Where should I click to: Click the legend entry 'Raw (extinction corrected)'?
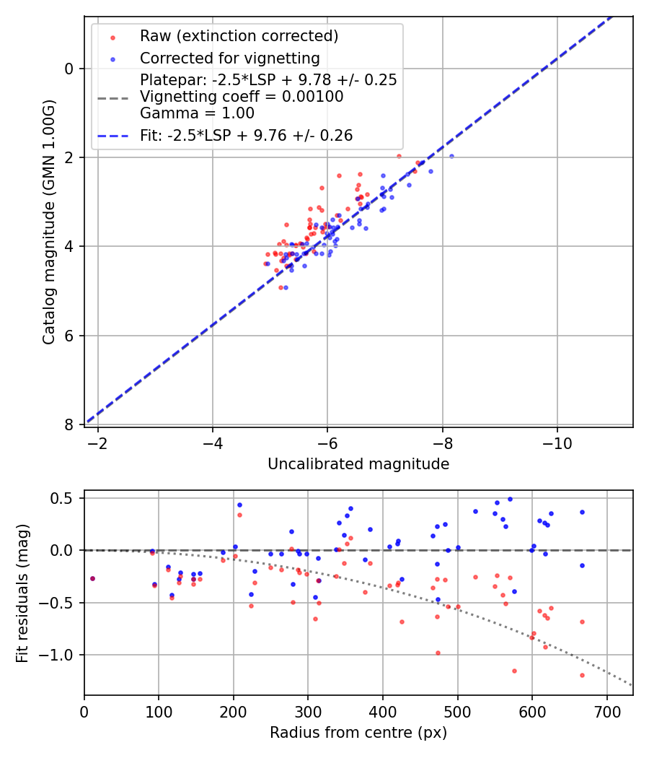tap(239, 36)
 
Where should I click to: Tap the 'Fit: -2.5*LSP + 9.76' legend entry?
tap(246, 136)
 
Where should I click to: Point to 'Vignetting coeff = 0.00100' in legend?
tap(242, 97)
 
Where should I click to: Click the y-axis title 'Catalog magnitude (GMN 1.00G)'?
tap(49, 221)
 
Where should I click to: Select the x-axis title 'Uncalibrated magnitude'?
tap(358, 464)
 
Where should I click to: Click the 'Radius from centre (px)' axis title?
tap(358, 733)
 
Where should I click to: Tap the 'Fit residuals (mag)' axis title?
tap(22, 593)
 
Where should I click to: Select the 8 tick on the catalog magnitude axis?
tap(70, 424)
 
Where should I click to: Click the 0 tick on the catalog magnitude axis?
tap(70, 69)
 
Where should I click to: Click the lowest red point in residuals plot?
tap(582, 675)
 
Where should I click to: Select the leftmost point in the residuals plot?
tap(92, 578)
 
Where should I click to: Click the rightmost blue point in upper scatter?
tap(451, 156)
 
